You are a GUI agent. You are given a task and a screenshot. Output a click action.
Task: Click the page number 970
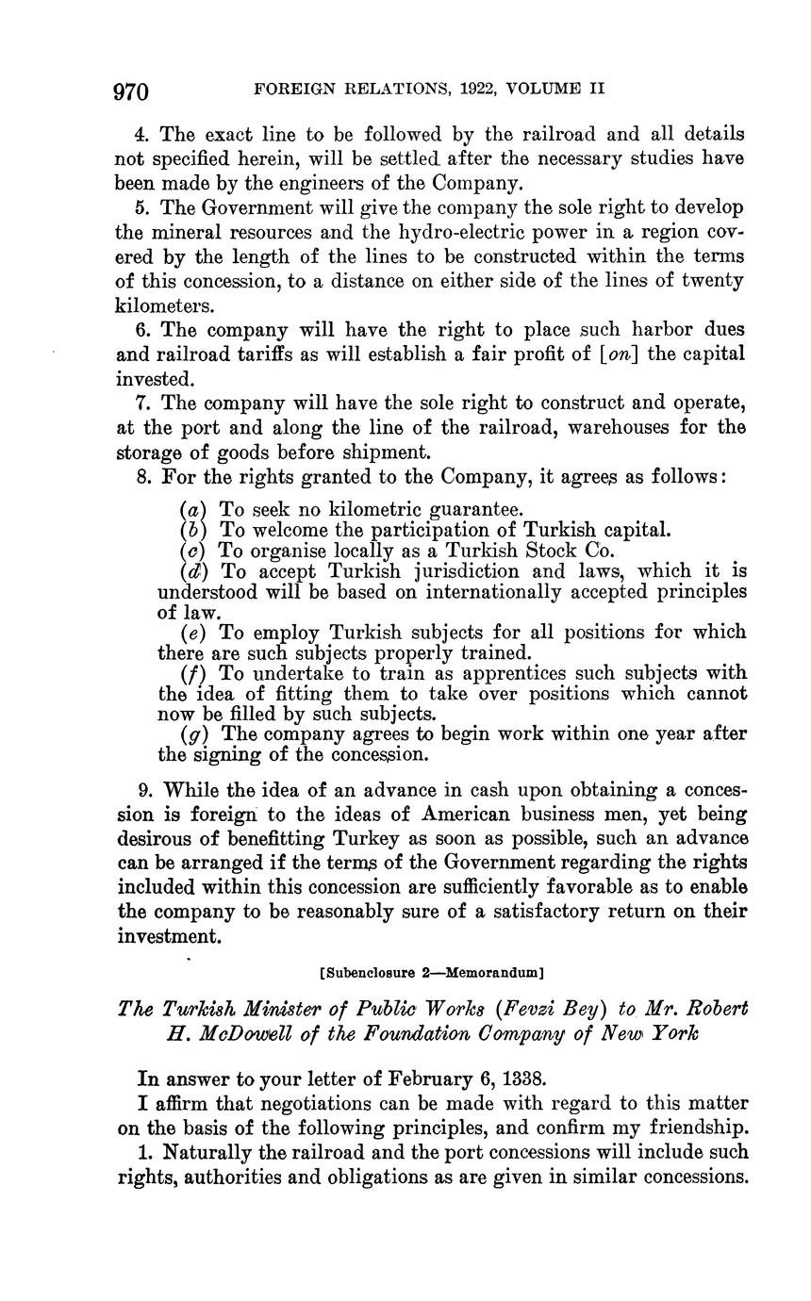(131, 91)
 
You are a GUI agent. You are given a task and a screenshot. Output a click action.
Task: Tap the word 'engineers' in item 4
(343, 183)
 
